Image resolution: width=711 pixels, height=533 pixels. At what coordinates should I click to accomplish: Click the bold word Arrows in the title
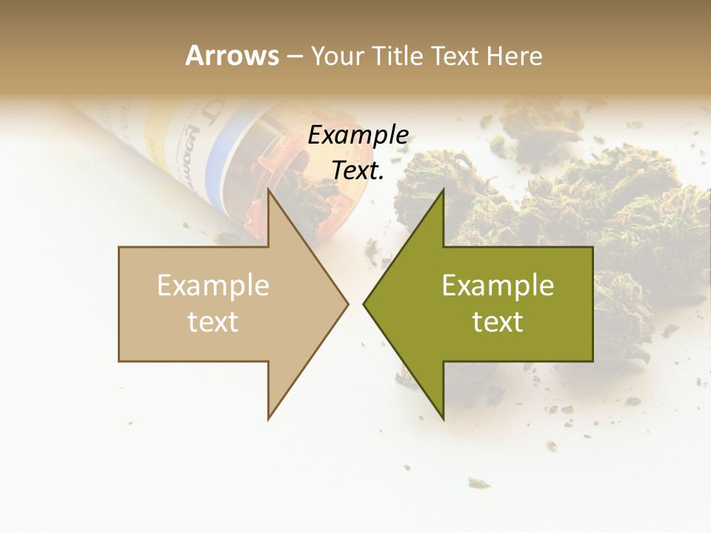coord(232,56)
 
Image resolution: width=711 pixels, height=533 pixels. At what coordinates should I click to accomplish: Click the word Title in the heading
coord(398,56)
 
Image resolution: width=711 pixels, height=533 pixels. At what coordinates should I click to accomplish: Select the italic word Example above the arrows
coord(358,135)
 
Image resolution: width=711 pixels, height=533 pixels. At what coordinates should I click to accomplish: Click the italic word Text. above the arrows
coord(358,170)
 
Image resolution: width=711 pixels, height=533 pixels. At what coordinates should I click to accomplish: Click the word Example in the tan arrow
coord(213,286)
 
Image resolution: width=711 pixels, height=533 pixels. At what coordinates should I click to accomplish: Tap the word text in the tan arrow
coord(213,321)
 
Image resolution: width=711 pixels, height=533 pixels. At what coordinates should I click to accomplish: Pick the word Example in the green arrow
coord(498,286)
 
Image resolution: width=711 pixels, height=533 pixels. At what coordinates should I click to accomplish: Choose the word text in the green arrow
coord(498,321)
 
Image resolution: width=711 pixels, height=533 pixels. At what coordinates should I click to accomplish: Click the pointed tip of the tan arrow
coord(347,304)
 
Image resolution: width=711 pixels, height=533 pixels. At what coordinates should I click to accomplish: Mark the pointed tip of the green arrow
coord(364,304)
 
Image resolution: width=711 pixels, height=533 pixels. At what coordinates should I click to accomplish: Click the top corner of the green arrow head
coord(443,190)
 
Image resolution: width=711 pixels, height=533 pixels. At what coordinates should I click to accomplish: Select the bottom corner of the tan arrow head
coord(268,419)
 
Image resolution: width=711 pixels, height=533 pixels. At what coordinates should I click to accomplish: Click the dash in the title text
coord(294,56)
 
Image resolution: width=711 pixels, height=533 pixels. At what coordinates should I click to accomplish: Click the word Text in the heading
coord(455,56)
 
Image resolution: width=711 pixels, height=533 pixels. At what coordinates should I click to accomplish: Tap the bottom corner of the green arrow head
coord(443,419)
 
